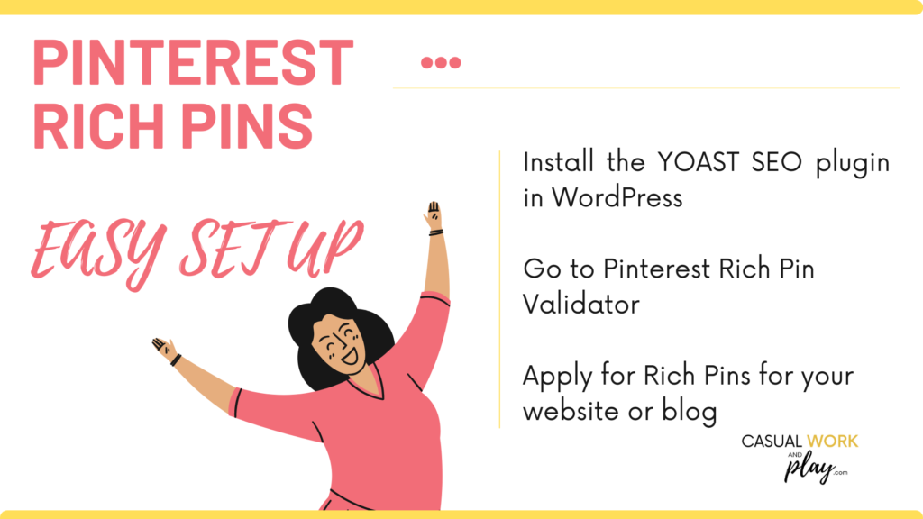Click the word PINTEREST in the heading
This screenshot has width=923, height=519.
coord(193,62)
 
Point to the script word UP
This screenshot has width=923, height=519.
coord(324,247)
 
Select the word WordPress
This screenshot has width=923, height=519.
coord(617,197)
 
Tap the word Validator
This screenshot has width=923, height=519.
coord(581,305)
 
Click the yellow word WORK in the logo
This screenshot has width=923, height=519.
coord(832,442)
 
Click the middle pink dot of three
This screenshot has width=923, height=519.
coord(441,62)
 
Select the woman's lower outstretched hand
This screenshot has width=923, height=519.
coord(164,349)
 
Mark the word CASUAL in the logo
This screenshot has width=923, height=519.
coord(772,442)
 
